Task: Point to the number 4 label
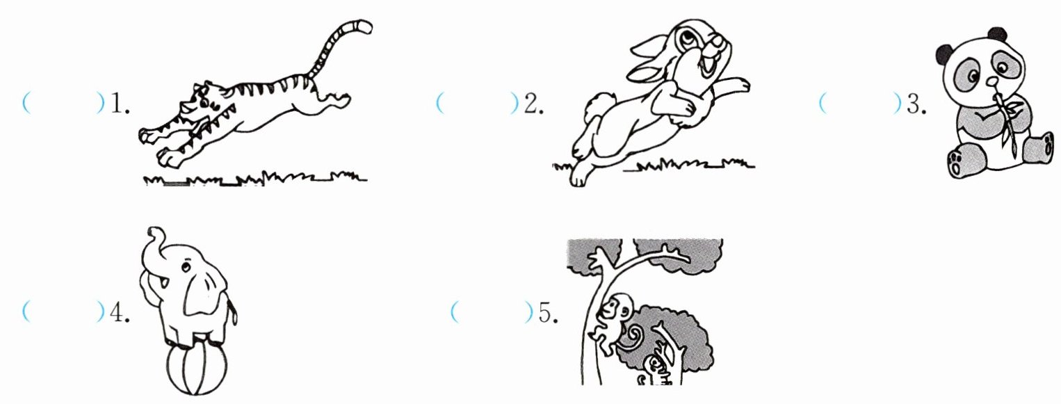120,312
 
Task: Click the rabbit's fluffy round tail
598,105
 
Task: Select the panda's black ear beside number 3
945,54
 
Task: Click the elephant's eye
186,268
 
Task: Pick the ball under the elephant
197,369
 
